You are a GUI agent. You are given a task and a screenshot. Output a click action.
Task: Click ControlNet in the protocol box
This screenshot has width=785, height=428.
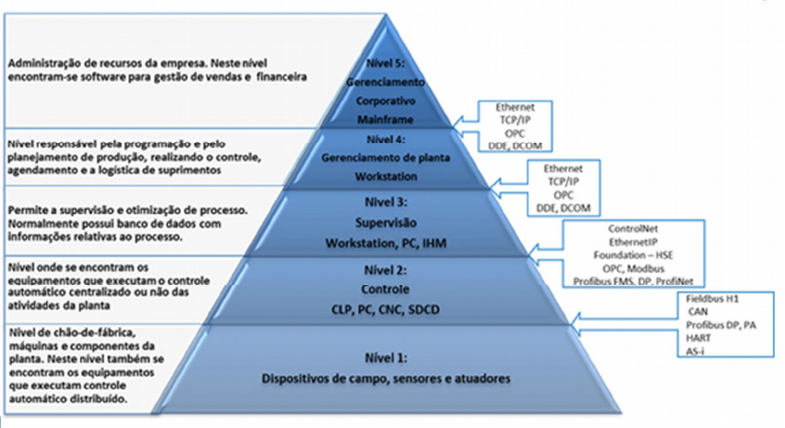[x=631, y=228]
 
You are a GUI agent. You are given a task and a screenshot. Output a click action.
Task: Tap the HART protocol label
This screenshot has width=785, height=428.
[x=698, y=338]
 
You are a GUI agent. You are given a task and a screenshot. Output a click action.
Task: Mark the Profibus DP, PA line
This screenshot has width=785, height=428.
[x=717, y=326]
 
